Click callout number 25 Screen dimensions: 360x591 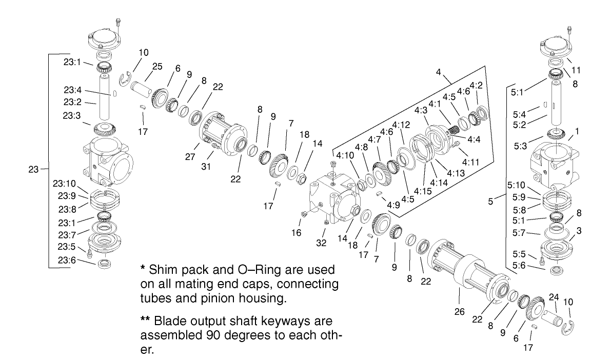[x=157, y=66]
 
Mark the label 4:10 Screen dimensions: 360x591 [x=345, y=154]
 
